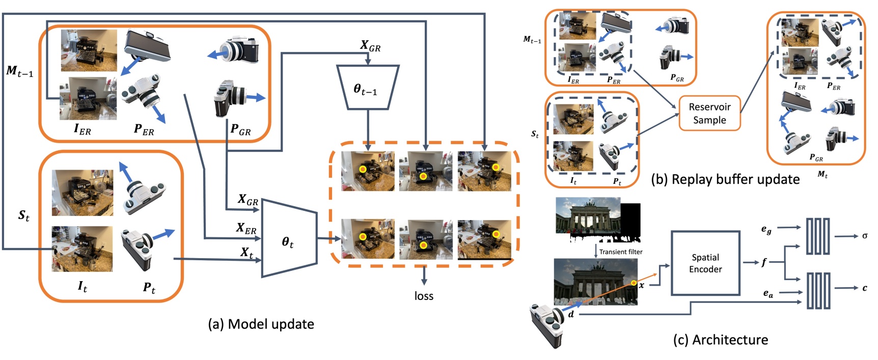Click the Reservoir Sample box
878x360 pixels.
click(x=709, y=114)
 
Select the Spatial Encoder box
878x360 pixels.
click(x=705, y=263)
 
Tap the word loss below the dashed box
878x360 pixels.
click(x=424, y=296)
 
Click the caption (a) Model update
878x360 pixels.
click(x=261, y=324)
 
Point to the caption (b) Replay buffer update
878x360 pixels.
click(x=725, y=179)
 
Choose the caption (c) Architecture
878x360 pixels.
click(x=721, y=340)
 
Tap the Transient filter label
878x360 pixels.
click(x=621, y=252)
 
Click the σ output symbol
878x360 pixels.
click(x=865, y=236)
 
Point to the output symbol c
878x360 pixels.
click(x=865, y=288)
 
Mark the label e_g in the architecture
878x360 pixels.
click(x=766, y=230)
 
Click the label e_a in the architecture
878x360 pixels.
click(x=768, y=293)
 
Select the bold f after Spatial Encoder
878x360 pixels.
click(x=764, y=263)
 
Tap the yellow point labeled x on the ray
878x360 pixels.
click(x=634, y=283)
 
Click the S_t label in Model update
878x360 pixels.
click(x=24, y=216)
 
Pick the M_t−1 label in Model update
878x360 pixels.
click(x=19, y=71)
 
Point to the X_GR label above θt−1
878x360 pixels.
click(x=370, y=46)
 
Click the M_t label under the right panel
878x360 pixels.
click(x=822, y=175)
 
